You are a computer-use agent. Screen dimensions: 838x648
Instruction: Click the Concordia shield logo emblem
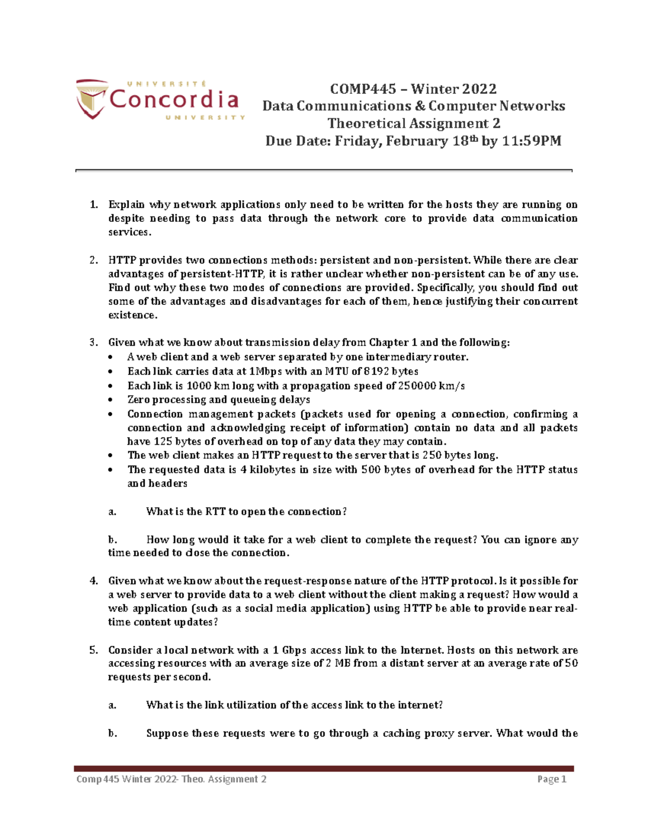pos(91,99)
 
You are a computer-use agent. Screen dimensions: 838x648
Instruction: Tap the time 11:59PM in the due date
pos(532,141)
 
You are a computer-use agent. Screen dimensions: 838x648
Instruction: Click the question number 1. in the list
pos(94,205)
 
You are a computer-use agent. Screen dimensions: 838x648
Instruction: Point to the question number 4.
pos(94,581)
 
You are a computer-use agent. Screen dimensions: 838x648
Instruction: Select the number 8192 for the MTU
pos(376,371)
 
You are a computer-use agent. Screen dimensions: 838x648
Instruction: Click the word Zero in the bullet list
pos(138,400)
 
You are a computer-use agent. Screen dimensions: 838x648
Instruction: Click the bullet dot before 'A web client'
pos(111,357)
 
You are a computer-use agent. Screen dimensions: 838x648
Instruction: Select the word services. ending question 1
pos(130,233)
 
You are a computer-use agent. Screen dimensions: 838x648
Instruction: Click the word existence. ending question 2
pos(133,315)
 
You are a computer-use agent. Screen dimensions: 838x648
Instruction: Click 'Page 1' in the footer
pos(551,779)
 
